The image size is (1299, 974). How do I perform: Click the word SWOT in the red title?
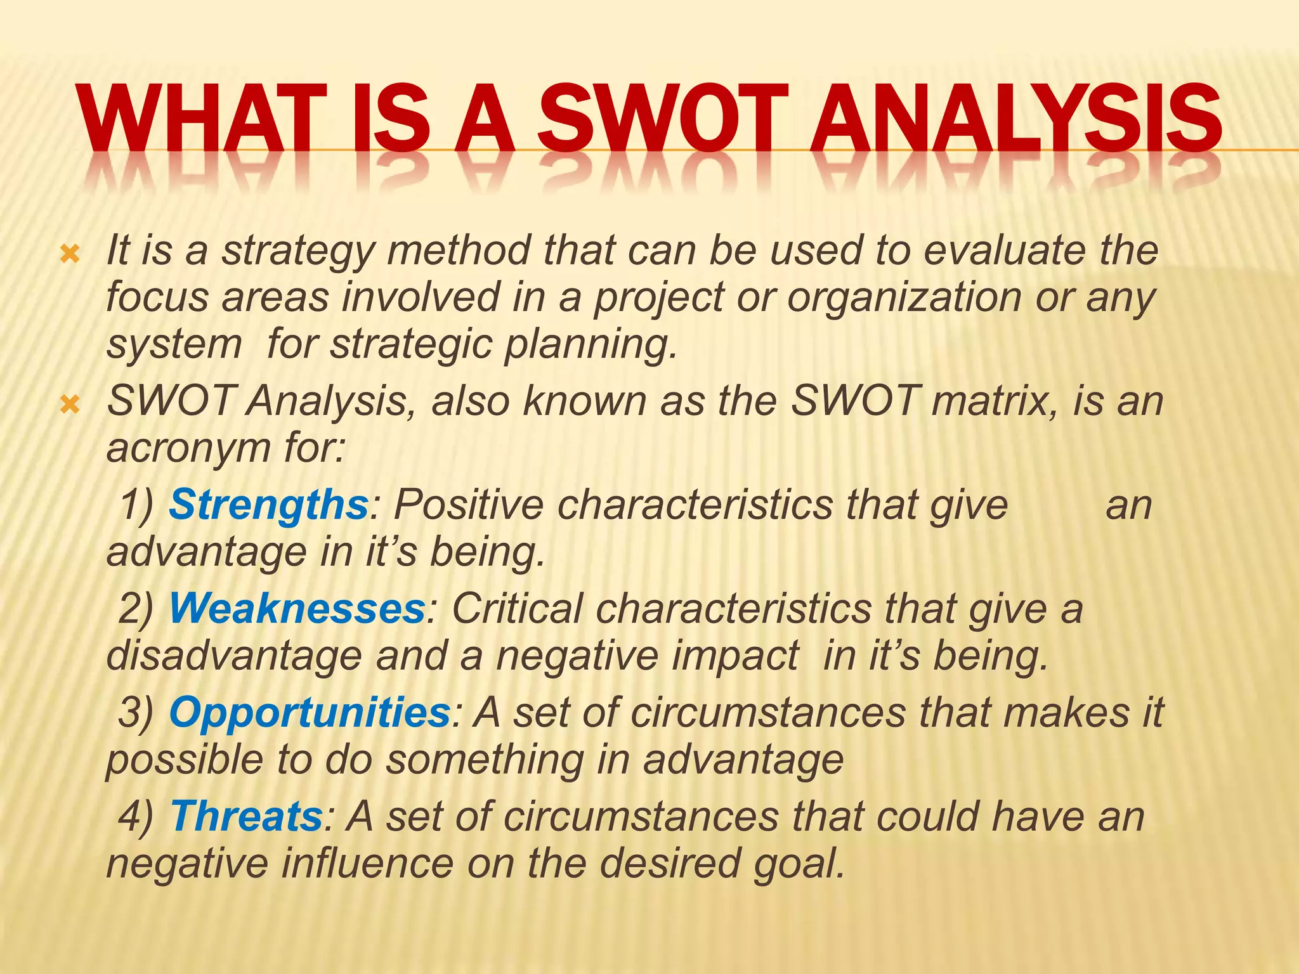pyautogui.click(x=663, y=119)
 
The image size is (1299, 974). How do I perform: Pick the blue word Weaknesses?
pyautogui.click(x=297, y=609)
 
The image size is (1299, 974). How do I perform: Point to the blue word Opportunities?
pyautogui.click(x=310, y=712)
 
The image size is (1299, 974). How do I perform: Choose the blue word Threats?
pyautogui.click(x=247, y=816)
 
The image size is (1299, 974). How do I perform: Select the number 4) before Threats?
pyautogui.click(x=136, y=816)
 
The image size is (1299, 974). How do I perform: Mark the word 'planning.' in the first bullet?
pyautogui.click(x=591, y=344)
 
